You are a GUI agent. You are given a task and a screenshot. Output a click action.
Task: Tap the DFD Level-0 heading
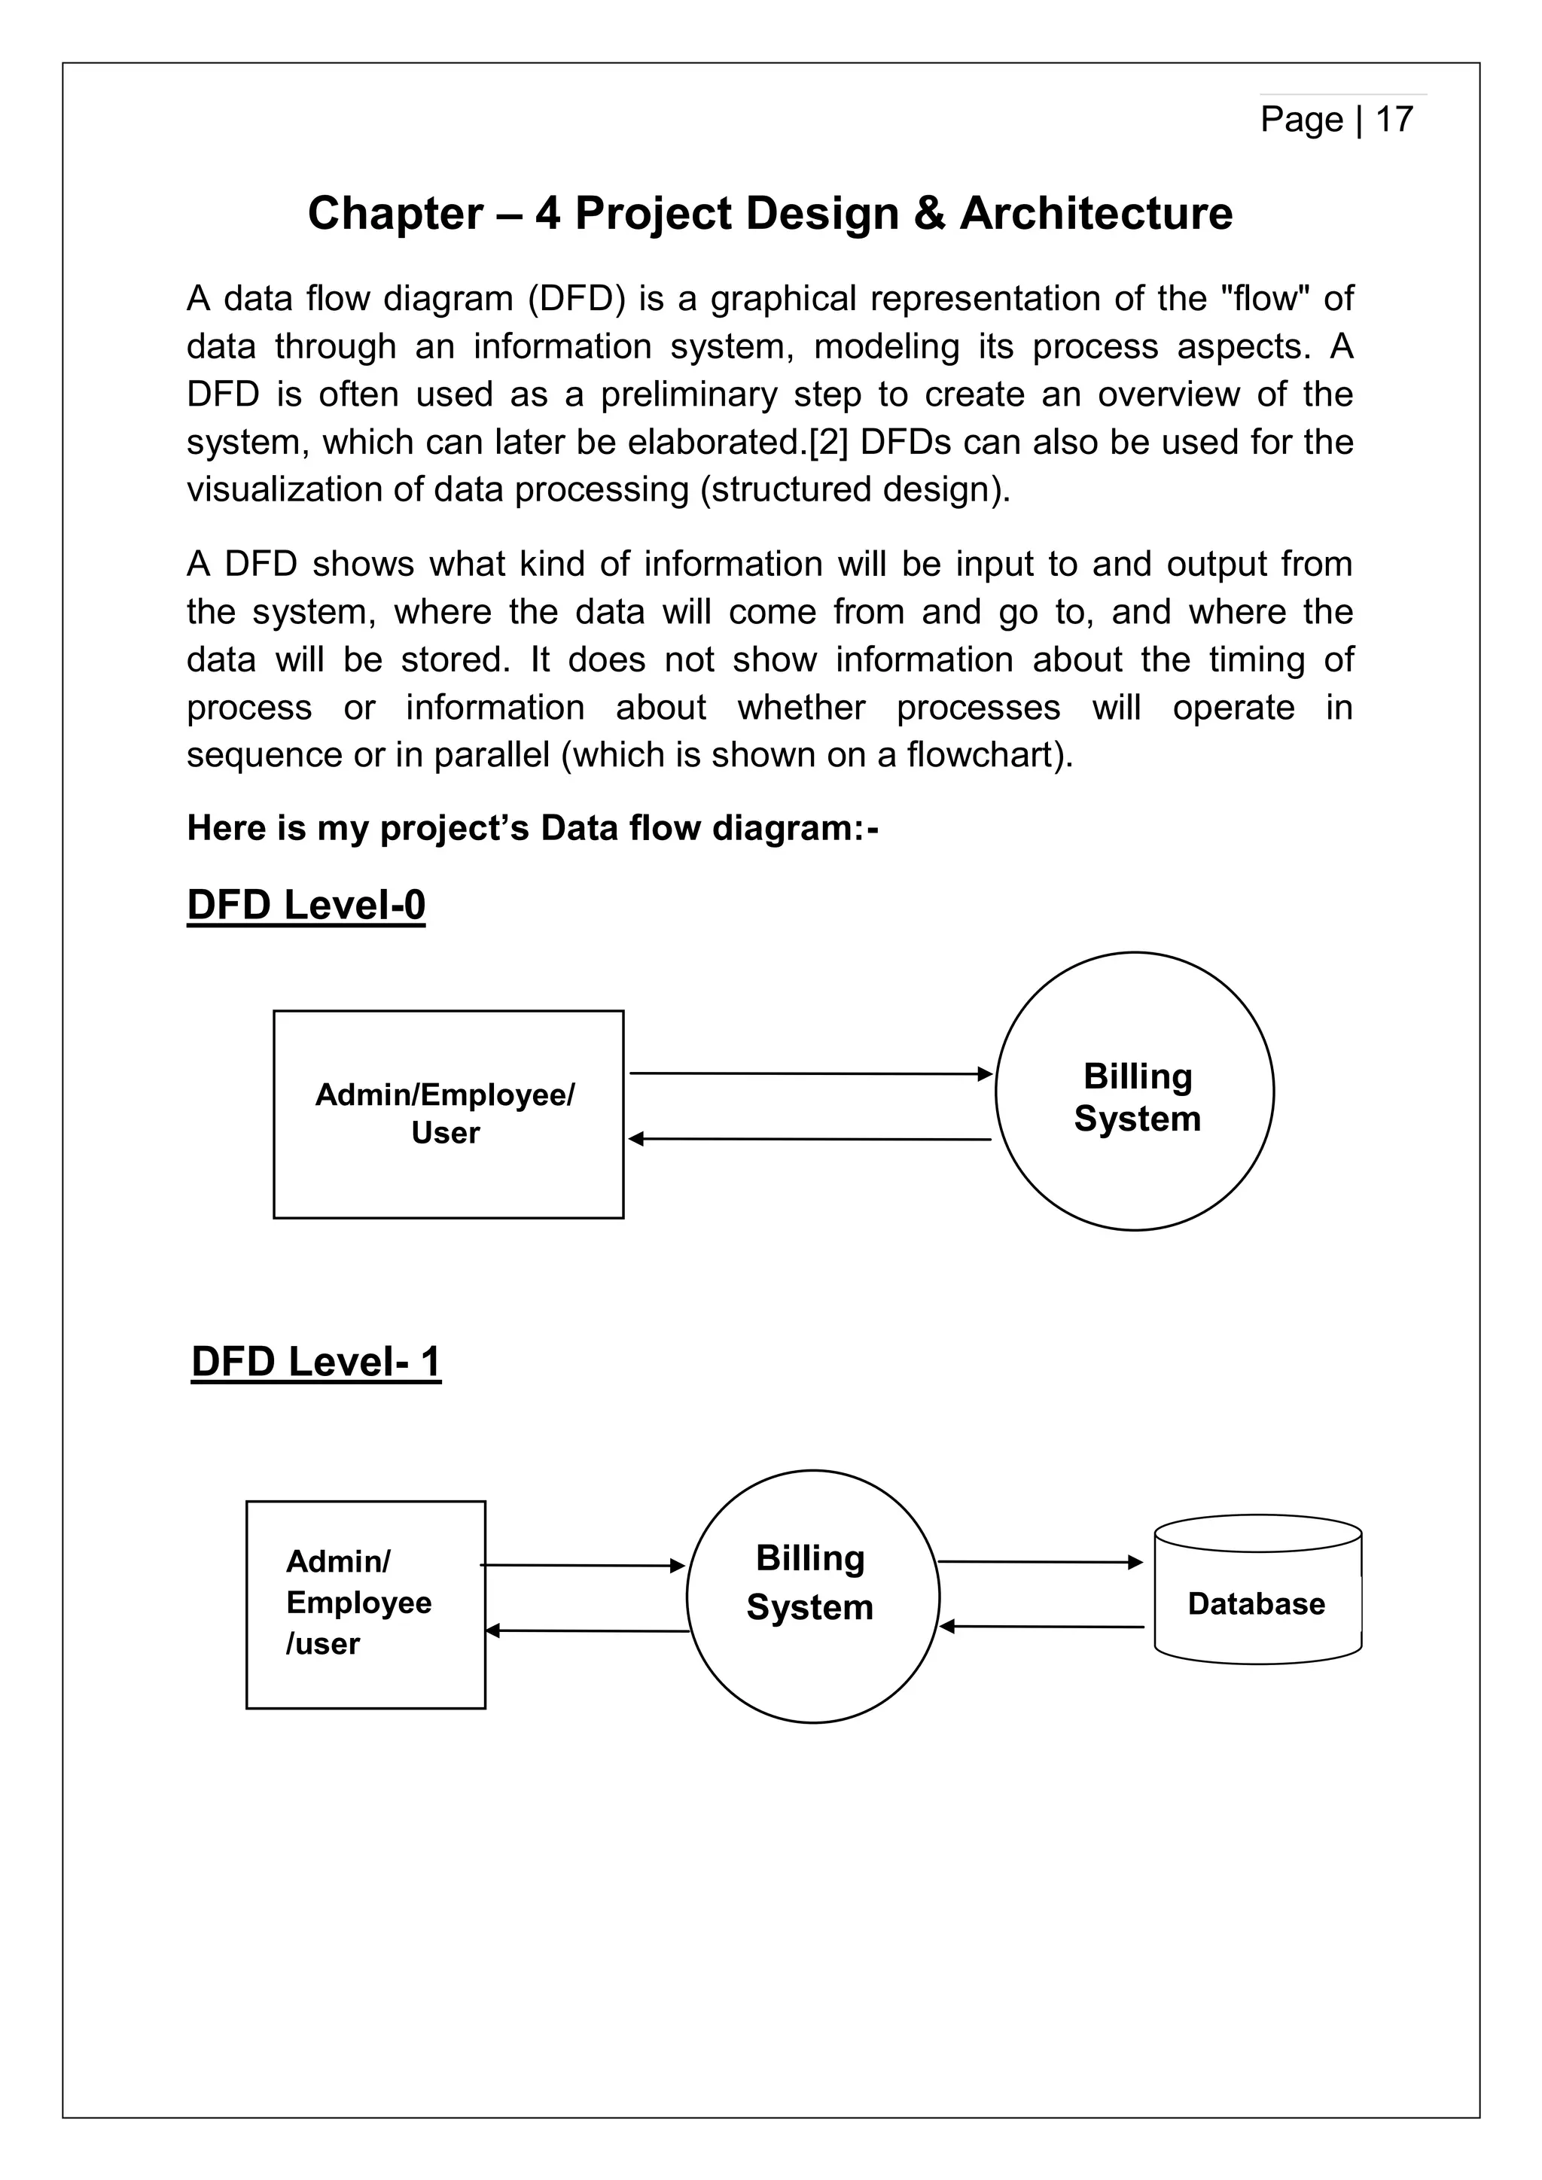(x=306, y=905)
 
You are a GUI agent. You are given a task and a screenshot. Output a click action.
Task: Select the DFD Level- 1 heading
(x=316, y=1362)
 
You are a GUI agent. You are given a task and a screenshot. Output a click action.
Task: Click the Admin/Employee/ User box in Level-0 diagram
(x=448, y=1114)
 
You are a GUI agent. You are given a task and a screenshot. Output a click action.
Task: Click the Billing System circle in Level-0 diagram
(x=1135, y=1092)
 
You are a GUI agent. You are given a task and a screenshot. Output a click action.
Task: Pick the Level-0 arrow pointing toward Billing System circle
(x=810, y=1074)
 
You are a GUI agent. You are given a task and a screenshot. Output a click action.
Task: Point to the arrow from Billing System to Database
(x=1040, y=1562)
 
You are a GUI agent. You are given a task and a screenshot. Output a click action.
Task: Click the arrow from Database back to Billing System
(x=1041, y=1627)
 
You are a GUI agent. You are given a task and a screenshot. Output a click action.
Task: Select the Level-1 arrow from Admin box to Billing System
(x=582, y=1566)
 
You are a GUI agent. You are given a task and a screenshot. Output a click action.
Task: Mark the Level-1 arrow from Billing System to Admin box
(x=587, y=1631)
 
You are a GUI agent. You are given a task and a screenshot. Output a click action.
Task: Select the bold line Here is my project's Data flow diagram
(x=532, y=828)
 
